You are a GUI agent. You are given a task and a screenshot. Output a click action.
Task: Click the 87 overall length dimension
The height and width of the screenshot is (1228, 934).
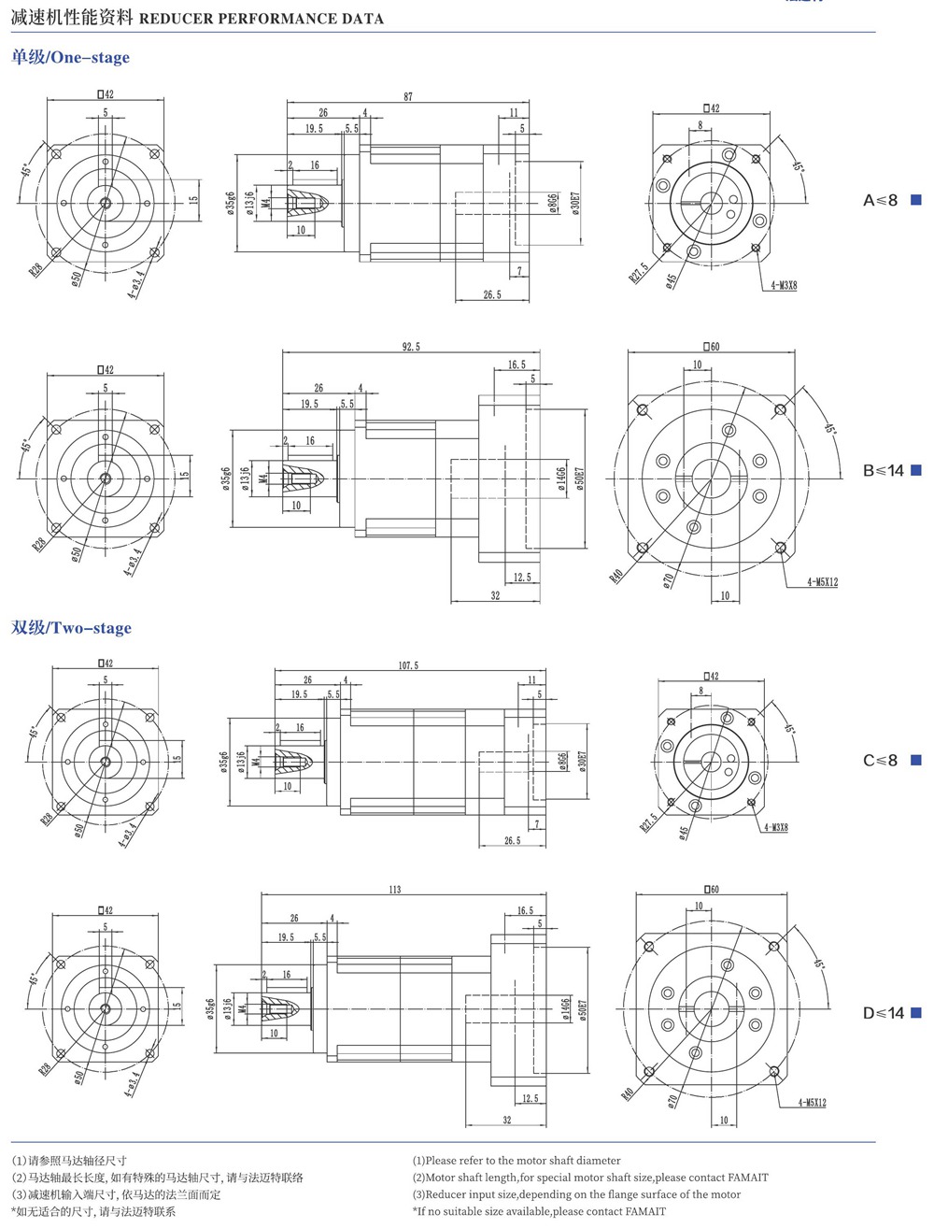[408, 96]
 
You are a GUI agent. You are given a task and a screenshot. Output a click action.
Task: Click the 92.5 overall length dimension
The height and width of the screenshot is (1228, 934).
[411, 347]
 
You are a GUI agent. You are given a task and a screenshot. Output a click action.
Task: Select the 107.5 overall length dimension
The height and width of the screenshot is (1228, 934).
[408, 665]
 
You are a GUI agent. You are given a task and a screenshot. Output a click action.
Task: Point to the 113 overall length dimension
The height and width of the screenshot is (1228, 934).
[394, 889]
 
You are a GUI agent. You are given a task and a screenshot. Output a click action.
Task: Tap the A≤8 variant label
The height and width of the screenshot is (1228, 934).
[880, 200]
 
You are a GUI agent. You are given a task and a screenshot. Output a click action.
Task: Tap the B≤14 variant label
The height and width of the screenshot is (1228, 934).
[883, 470]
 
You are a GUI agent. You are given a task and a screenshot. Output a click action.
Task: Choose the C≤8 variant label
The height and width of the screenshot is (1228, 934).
[880, 761]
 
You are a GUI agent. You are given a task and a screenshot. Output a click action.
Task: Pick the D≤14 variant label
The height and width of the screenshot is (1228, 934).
[883, 1013]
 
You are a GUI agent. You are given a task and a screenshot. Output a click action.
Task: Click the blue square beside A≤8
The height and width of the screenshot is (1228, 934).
[916, 199]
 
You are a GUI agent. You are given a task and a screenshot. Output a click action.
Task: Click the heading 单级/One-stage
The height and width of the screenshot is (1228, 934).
[71, 57]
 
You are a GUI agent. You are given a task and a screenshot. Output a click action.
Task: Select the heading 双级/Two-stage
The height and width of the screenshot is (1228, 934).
[72, 628]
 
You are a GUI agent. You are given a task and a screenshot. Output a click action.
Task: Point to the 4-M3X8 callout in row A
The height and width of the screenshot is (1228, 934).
[784, 285]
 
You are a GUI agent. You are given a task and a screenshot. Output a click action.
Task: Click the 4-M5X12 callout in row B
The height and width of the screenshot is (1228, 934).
[822, 582]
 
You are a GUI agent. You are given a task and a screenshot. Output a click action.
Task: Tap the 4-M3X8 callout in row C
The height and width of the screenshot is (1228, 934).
[775, 827]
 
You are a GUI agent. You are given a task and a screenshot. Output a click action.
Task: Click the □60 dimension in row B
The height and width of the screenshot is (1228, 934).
[712, 347]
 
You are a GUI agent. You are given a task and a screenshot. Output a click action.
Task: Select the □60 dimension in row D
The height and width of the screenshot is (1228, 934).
[712, 889]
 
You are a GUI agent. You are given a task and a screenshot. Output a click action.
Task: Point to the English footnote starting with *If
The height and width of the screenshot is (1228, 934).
[539, 1211]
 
